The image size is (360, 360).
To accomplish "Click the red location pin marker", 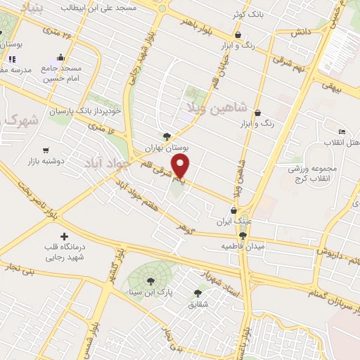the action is [x=181, y=166].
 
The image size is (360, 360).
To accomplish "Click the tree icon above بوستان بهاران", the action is [x=166, y=137].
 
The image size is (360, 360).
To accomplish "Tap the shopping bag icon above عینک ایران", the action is [x=235, y=210].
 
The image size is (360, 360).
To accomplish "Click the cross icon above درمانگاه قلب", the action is [x=65, y=236].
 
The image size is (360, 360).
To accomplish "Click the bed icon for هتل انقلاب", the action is [x=342, y=131].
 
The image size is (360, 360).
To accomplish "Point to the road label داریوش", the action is [x=329, y=251].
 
